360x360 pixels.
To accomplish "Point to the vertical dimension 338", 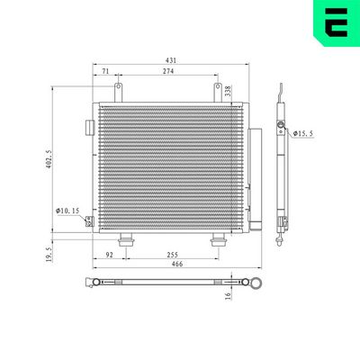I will tap(227, 90).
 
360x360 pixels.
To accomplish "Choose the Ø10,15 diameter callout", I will tap(67, 210).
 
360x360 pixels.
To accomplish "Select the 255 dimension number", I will tap(171, 256).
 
